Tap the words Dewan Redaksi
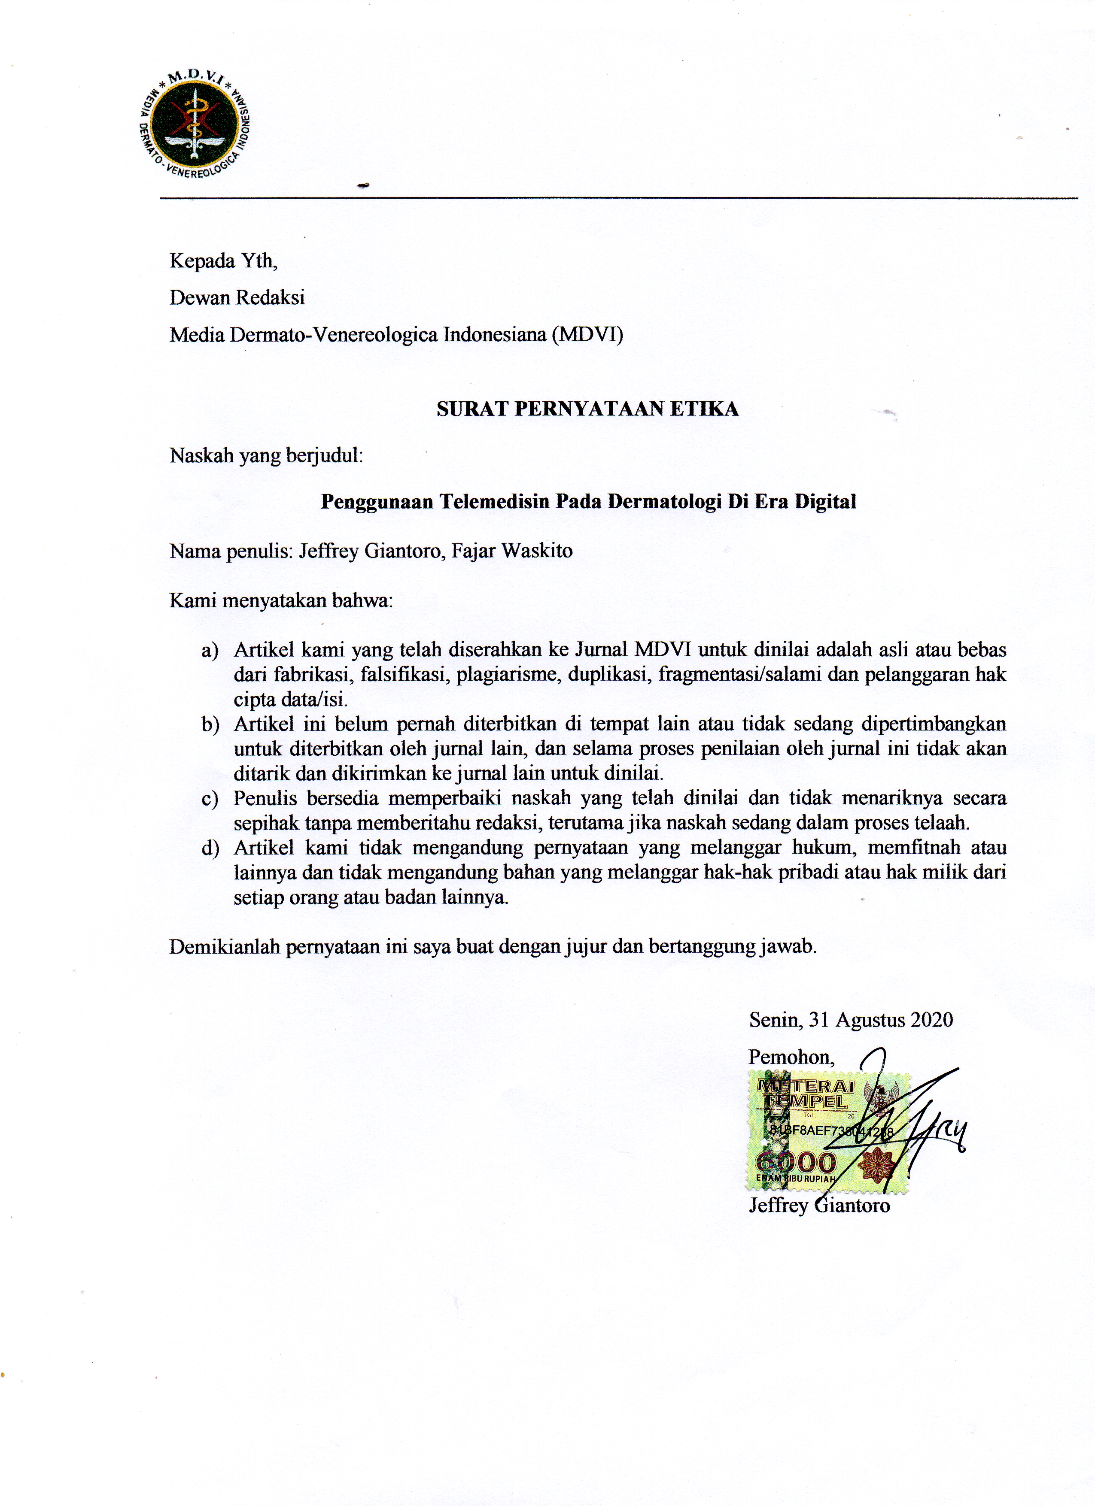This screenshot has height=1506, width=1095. click(237, 297)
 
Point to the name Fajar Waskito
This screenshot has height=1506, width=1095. click(511, 551)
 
